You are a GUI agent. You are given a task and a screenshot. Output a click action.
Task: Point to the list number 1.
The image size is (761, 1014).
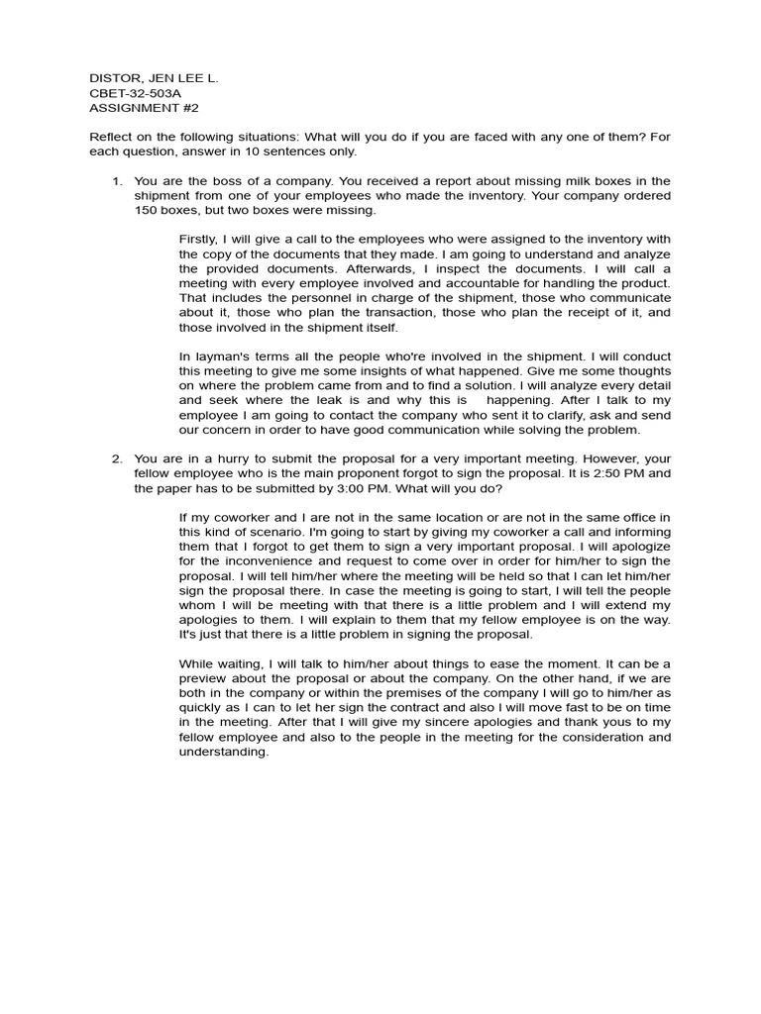click(x=116, y=181)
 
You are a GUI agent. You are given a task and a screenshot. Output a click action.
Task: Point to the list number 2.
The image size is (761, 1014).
click(x=116, y=458)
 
